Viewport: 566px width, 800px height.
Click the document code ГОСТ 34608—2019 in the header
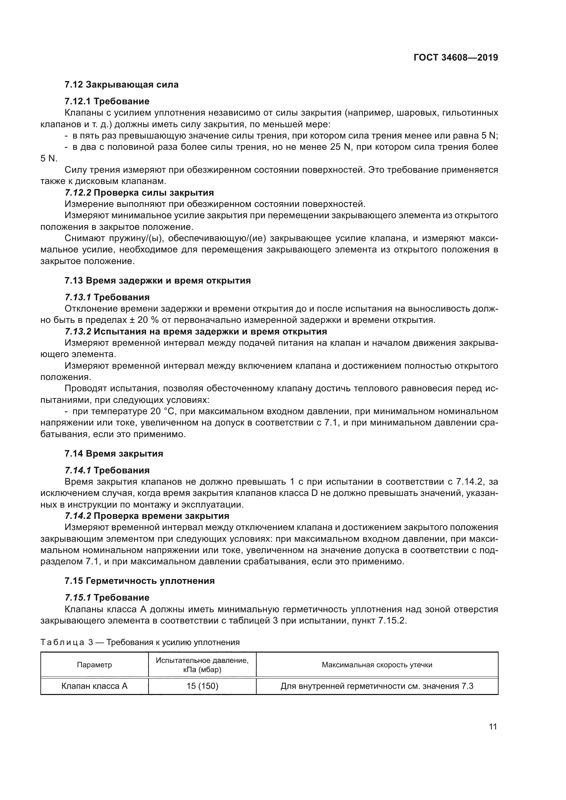(x=455, y=57)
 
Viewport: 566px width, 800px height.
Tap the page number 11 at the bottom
(x=493, y=726)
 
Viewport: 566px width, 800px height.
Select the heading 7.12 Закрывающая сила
(x=121, y=85)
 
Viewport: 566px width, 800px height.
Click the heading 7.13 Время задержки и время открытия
(x=157, y=280)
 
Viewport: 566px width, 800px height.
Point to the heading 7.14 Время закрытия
(x=114, y=454)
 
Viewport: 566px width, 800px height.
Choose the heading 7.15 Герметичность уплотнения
(x=139, y=581)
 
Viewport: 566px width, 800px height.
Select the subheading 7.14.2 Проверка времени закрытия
(x=147, y=516)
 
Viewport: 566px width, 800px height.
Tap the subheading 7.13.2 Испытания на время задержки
(x=195, y=331)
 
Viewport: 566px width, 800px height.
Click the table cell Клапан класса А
(x=94, y=686)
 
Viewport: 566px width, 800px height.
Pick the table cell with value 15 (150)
(x=202, y=686)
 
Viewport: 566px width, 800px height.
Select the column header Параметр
(x=94, y=665)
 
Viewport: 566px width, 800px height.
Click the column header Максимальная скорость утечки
(x=377, y=665)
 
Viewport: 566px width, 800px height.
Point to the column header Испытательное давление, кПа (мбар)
(x=202, y=665)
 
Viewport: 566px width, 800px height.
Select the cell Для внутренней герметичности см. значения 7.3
(x=377, y=686)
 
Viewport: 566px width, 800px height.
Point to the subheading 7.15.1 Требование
(x=107, y=598)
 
